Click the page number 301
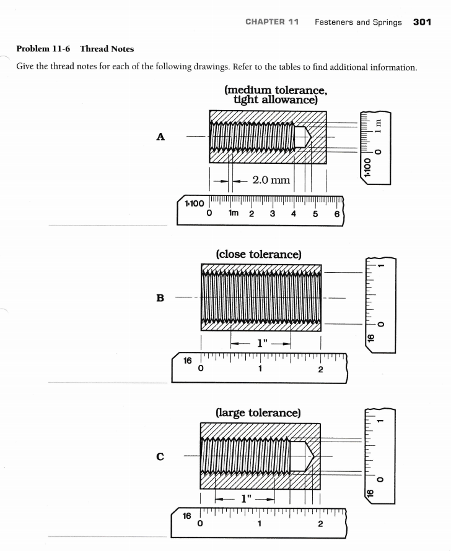click(422, 22)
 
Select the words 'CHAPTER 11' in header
click(272, 22)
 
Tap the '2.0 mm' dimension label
click(271, 180)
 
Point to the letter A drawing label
click(160, 137)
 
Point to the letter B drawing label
click(160, 298)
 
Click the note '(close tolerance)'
click(258, 254)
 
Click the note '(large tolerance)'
click(258, 412)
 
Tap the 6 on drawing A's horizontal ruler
click(336, 214)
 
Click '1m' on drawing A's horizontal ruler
click(234, 214)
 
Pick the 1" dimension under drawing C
click(245, 498)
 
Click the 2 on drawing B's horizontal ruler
click(320, 370)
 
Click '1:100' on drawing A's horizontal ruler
click(193, 203)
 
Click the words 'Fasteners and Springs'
click(357, 22)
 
